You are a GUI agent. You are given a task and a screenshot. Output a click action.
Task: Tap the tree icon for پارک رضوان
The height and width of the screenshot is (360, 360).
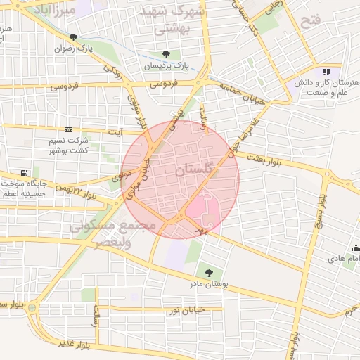click(74, 37)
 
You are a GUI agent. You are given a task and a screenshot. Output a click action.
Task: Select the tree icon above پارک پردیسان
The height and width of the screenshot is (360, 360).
click(166, 54)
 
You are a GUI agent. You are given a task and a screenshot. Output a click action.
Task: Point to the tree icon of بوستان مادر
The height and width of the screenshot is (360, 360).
click(208, 272)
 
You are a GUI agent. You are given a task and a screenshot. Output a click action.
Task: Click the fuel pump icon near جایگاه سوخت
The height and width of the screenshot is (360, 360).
click(25, 173)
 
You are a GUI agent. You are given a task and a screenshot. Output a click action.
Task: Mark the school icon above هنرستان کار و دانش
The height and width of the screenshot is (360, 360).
click(326, 71)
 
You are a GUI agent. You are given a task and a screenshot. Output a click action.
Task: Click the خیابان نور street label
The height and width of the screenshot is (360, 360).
click(183, 309)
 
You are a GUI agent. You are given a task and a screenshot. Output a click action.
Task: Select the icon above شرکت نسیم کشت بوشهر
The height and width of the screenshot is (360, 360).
click(68, 129)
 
